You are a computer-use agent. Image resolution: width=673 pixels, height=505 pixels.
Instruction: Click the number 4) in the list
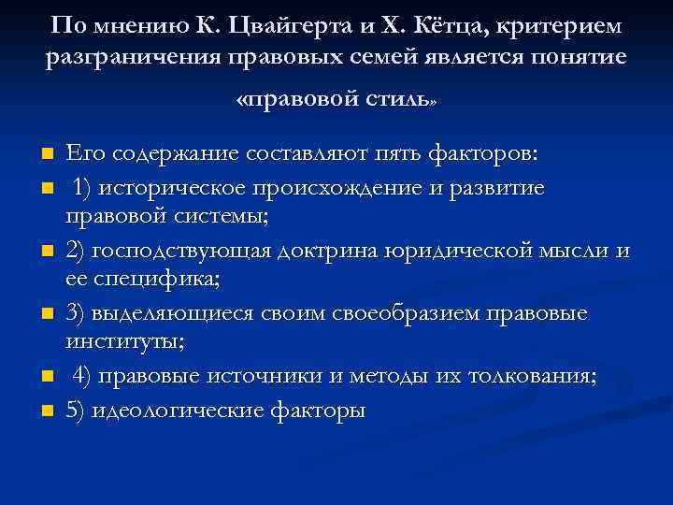[83, 376]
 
